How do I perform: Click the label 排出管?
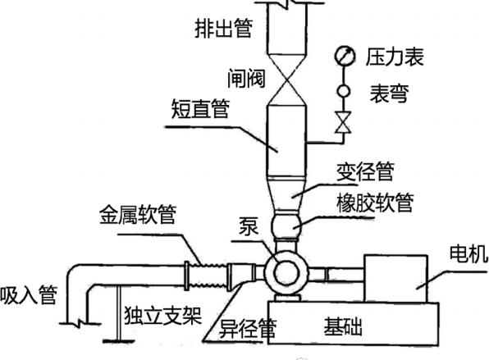(223, 29)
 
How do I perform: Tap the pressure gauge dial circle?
(345, 56)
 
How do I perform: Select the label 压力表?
(395, 57)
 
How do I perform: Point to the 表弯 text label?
(389, 93)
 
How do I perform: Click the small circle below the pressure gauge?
(344, 91)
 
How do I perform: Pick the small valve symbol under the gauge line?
(343, 122)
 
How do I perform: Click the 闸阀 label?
(246, 78)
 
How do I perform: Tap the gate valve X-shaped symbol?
(286, 80)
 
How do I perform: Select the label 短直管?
(200, 108)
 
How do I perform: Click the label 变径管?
(365, 171)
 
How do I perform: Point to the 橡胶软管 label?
(375, 203)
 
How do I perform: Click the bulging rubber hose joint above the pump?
(286, 225)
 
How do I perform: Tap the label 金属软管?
(138, 214)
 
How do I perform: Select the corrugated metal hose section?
(208, 276)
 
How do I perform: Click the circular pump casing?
(286, 272)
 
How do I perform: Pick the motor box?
(395, 278)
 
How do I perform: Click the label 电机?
(468, 253)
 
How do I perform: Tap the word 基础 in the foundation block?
(343, 326)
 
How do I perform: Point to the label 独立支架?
(162, 315)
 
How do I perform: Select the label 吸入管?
(29, 295)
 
